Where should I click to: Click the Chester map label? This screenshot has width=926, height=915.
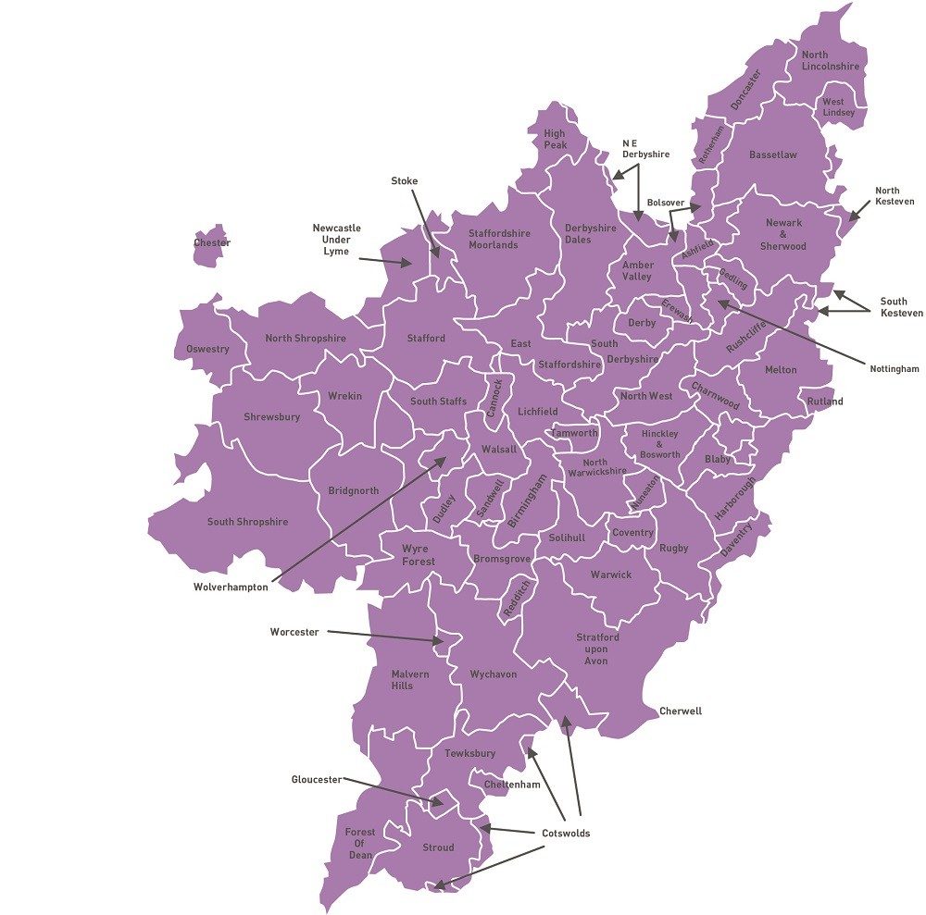click(212, 243)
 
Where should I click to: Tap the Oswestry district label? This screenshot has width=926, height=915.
click(206, 350)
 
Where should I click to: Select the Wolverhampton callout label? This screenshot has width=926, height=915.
click(231, 587)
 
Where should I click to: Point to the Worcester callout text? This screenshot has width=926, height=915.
click(294, 633)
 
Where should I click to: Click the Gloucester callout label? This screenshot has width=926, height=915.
click(317, 780)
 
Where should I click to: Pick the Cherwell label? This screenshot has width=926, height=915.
click(681, 711)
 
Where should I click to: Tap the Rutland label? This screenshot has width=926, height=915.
click(825, 402)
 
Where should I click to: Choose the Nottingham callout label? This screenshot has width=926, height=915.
click(895, 369)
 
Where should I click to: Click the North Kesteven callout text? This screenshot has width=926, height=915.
click(895, 196)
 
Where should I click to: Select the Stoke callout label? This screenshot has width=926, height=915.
click(405, 181)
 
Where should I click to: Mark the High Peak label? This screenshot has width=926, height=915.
click(555, 140)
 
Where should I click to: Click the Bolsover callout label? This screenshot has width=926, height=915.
click(666, 202)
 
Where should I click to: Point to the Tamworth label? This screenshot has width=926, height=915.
click(575, 433)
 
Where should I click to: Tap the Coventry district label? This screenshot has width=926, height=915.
click(633, 533)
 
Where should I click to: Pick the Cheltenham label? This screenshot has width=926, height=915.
click(512, 785)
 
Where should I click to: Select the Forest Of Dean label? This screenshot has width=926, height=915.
click(360, 844)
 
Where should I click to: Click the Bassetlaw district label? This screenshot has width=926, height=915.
click(773, 155)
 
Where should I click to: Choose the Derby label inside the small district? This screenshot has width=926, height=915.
click(642, 323)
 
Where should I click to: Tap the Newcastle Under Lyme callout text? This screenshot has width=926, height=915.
click(336, 240)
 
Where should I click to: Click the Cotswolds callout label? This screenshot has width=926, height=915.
click(566, 834)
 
